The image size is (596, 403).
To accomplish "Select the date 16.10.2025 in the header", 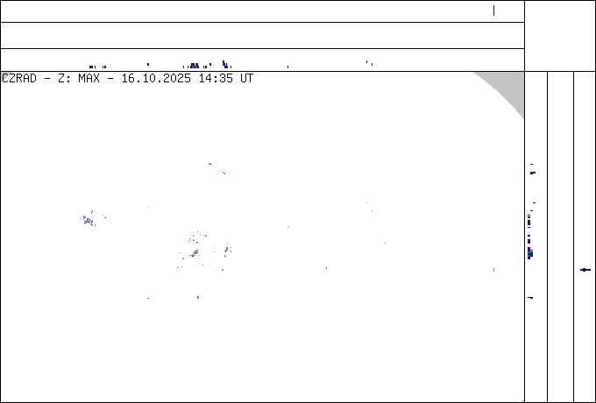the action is coord(156,79).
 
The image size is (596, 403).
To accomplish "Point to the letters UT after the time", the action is coord(246,79).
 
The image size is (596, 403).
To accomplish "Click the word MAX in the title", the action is coord(89,79).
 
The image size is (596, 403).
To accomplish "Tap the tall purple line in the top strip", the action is coord(493,11).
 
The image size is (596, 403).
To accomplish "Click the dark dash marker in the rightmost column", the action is coord(585,270).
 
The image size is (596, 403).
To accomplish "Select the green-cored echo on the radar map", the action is coord(195,253).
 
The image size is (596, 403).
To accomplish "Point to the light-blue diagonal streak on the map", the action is coord(223,173).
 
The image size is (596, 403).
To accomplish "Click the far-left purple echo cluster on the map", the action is coord(89,220).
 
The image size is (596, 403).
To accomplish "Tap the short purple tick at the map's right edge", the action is coord(493,270).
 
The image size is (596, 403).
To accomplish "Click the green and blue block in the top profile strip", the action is coord(195,66).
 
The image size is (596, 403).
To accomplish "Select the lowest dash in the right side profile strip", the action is coord(530,298).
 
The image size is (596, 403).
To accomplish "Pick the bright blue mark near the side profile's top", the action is coord(533,173).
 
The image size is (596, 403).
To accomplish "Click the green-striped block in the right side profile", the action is coord(530,253).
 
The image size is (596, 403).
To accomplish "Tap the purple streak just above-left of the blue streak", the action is coord(209,164).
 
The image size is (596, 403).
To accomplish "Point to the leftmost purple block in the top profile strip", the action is coord(91,67).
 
